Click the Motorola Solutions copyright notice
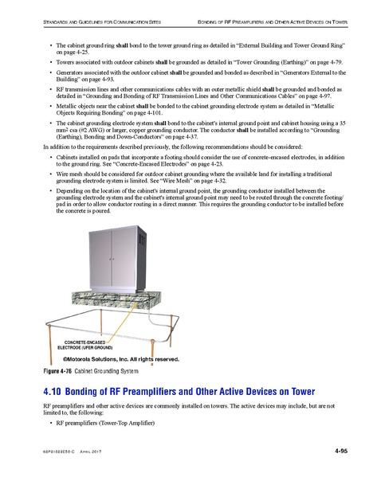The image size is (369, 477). [x=120, y=360]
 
